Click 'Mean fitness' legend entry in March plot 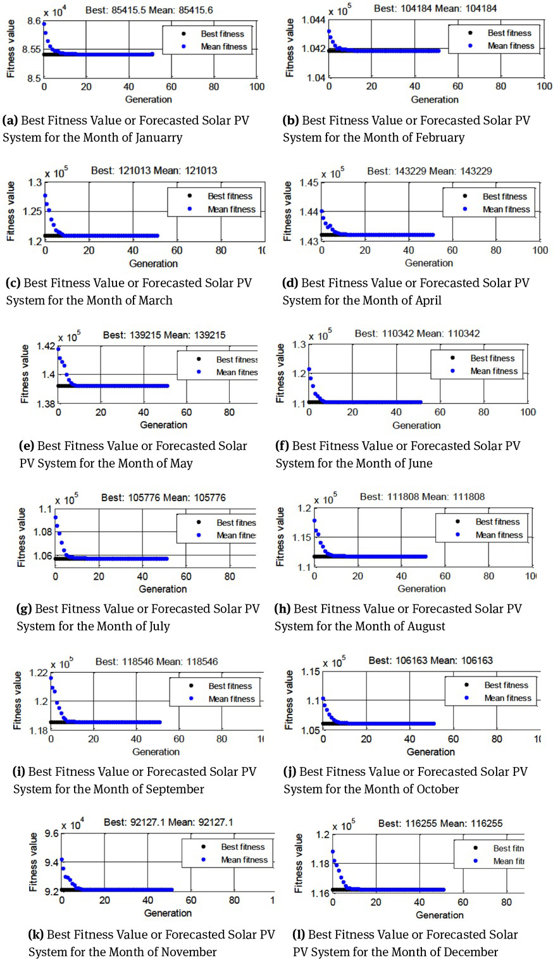[232, 209]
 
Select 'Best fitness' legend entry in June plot [493, 358]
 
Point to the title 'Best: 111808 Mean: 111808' [422, 497]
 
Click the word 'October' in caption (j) [437, 789]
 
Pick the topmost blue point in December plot [333, 851]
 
